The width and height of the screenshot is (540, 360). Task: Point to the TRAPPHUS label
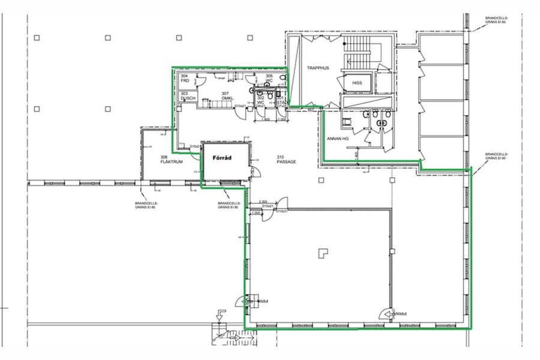click(318, 68)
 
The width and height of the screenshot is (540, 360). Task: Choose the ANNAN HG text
click(337, 139)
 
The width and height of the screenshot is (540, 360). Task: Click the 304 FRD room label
click(185, 78)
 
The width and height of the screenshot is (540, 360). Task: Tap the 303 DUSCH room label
click(188, 97)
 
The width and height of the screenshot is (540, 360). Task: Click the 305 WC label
click(269, 79)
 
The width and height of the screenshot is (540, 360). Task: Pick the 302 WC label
click(261, 100)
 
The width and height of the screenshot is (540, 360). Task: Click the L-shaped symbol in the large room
click(323, 253)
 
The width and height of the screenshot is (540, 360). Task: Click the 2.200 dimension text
click(262, 202)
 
